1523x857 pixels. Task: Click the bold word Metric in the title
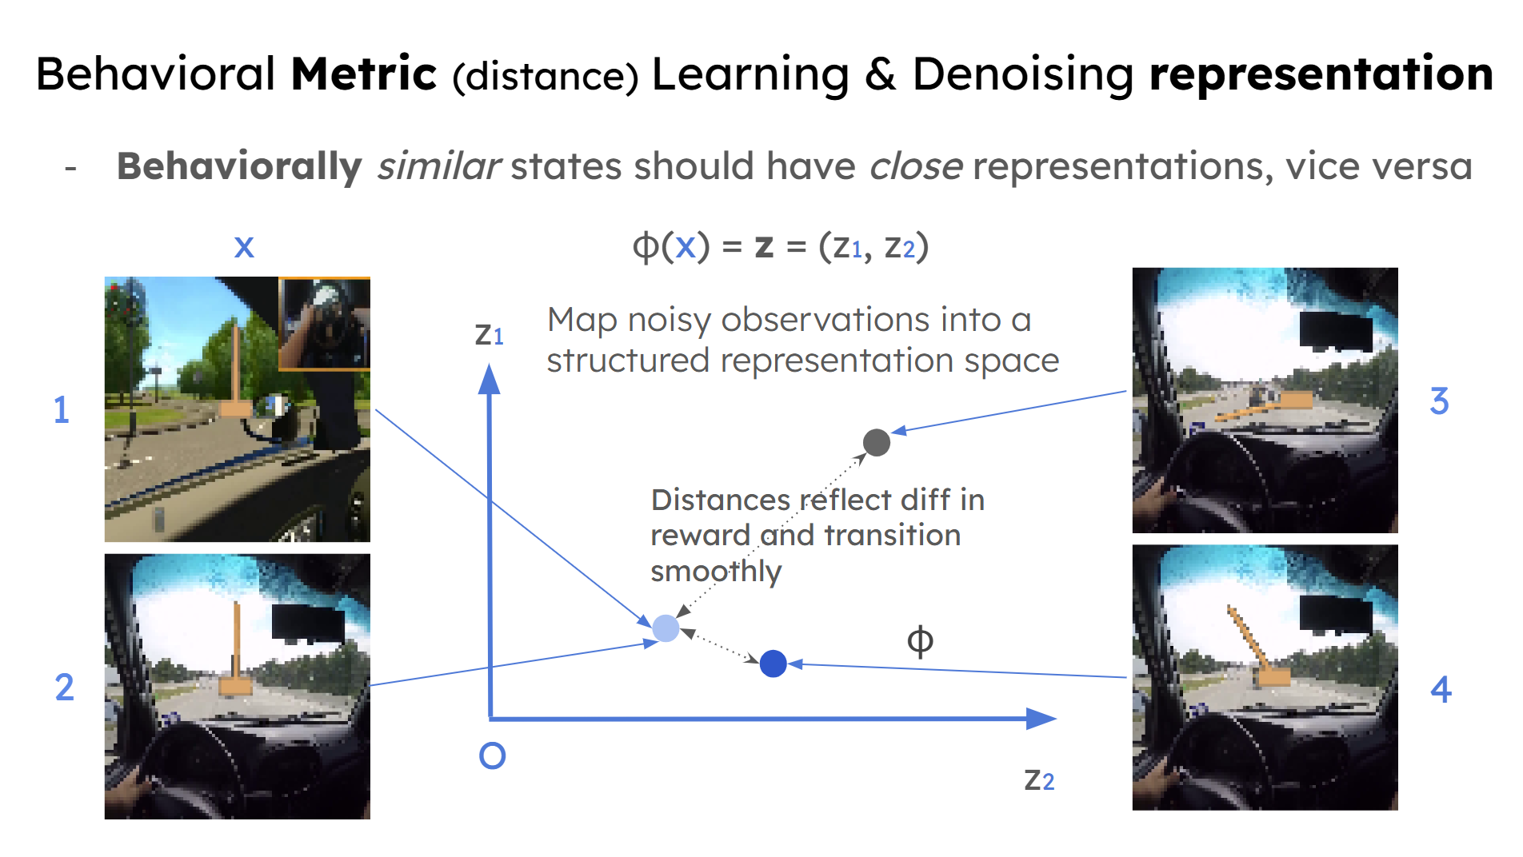[364, 74]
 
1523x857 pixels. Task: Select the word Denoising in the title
[1023, 74]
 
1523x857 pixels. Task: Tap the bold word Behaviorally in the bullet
[239, 166]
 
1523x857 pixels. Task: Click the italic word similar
[439, 165]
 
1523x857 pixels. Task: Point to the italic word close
[917, 165]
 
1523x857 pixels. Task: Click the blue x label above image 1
[244, 247]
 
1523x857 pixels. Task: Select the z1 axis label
[489, 334]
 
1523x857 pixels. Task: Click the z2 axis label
[1039, 779]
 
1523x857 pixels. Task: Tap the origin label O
[492, 755]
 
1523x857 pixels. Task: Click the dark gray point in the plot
[877, 442]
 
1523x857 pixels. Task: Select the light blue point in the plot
[666, 628]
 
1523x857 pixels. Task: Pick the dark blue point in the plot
[773, 664]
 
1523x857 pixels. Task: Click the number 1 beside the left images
[62, 410]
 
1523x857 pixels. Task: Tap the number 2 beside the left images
[64, 688]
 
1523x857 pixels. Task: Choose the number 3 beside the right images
[1439, 401]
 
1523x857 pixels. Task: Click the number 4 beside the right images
[1441, 689]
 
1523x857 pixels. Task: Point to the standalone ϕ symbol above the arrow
[920, 640]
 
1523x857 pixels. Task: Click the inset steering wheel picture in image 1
[324, 324]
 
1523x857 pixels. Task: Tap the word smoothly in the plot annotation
[716, 572]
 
